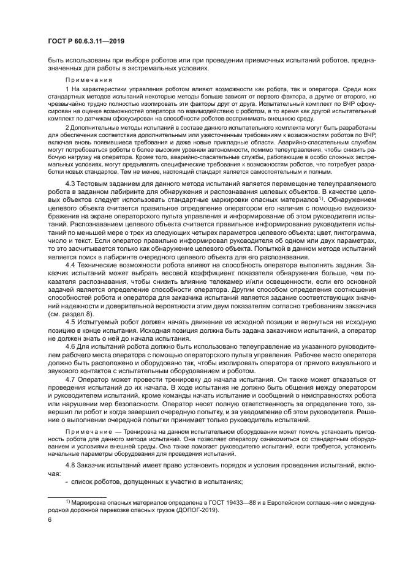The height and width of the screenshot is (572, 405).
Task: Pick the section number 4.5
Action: (71, 321)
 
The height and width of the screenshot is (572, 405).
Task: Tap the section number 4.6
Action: (71, 346)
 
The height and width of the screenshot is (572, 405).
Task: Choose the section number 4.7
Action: (71, 379)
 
